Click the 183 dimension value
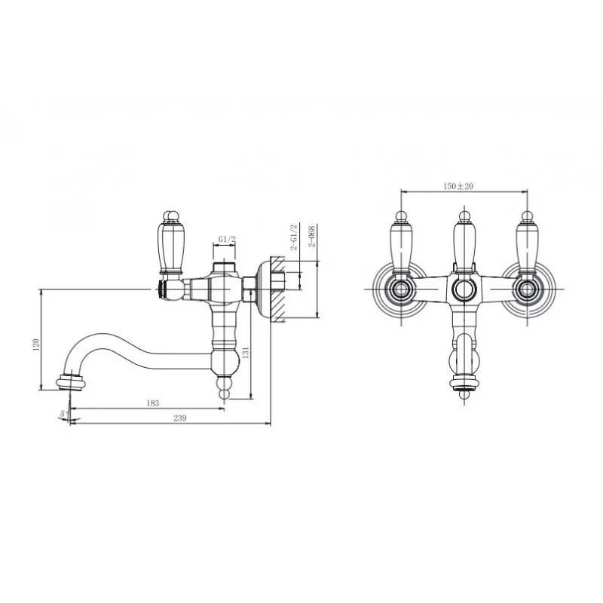tap(153, 403)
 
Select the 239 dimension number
tap(180, 418)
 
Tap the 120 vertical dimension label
tap(36, 345)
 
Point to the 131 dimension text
tap(246, 352)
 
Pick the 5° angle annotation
tap(64, 414)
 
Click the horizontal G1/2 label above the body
tap(227, 239)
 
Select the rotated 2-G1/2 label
tap(294, 237)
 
